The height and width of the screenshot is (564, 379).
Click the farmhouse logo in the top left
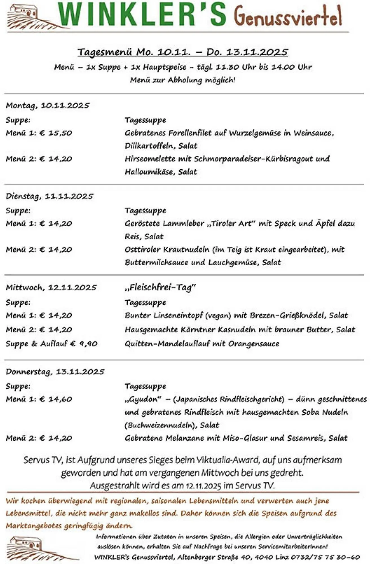click(x=27, y=17)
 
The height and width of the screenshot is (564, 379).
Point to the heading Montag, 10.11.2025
click(x=47, y=105)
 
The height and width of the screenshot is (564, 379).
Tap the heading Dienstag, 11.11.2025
click(x=49, y=196)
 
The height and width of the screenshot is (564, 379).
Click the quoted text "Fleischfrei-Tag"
click(x=160, y=287)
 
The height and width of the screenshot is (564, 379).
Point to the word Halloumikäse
click(x=149, y=172)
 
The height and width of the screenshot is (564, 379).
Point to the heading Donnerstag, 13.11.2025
click(x=55, y=372)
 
